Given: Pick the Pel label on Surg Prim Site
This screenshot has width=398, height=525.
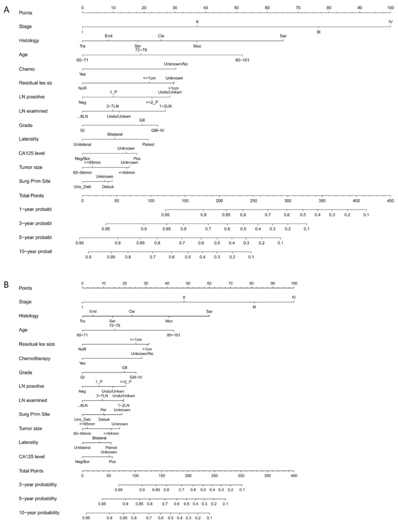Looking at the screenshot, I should click(x=103, y=410).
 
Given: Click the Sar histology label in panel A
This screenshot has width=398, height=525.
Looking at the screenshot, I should click(x=283, y=36).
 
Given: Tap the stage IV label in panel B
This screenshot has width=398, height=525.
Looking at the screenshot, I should click(x=293, y=298).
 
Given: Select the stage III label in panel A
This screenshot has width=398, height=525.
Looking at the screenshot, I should click(x=318, y=32).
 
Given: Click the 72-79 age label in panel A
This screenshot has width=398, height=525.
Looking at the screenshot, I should click(x=141, y=50).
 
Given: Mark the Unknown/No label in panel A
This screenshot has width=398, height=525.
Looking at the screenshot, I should click(x=176, y=64).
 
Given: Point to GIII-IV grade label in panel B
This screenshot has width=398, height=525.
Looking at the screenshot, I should click(x=136, y=378).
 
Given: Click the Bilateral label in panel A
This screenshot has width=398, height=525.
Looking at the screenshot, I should click(x=115, y=135).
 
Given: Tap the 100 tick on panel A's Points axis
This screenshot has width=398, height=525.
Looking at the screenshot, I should click(x=390, y=8).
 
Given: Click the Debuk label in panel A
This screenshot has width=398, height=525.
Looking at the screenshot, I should click(x=108, y=187).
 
